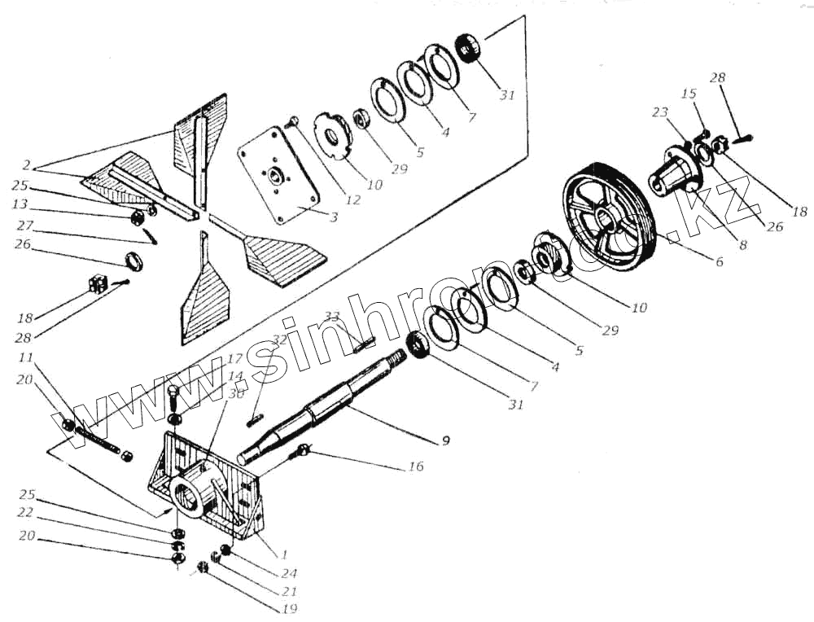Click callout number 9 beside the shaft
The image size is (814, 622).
pos(445,441)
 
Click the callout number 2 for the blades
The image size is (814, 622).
pos(28,165)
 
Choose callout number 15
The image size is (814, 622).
pos(689,94)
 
